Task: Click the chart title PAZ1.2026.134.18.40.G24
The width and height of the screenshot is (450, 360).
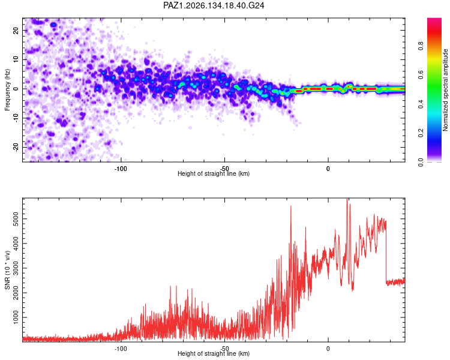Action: point(214,5)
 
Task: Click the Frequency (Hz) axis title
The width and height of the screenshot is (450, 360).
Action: point(7,90)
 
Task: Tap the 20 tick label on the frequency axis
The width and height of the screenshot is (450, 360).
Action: point(16,31)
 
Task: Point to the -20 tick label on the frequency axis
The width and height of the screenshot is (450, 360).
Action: point(16,148)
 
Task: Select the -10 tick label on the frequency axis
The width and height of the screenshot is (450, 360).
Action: point(16,118)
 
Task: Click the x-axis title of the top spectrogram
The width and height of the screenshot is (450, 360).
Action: point(214,173)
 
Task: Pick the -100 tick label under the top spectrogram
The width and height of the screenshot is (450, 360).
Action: point(121,169)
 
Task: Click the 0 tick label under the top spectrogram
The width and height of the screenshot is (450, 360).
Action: point(328,169)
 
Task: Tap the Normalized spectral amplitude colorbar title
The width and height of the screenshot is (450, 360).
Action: point(445,90)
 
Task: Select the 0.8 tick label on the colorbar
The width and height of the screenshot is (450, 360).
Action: point(421,46)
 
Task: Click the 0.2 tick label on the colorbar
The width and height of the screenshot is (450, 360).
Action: point(421,133)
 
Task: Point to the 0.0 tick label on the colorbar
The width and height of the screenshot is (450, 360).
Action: point(421,162)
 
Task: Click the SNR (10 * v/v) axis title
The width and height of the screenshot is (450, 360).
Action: point(7,270)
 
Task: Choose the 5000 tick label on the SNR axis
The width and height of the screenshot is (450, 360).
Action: point(16,219)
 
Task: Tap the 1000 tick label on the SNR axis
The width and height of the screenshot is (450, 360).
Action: point(16,317)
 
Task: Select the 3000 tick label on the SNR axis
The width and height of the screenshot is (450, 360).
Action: point(16,268)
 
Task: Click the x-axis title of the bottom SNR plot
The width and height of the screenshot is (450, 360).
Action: point(214,353)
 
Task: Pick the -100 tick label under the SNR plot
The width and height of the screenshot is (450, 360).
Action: point(121,349)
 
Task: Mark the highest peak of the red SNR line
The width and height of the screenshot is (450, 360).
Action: point(347,199)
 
